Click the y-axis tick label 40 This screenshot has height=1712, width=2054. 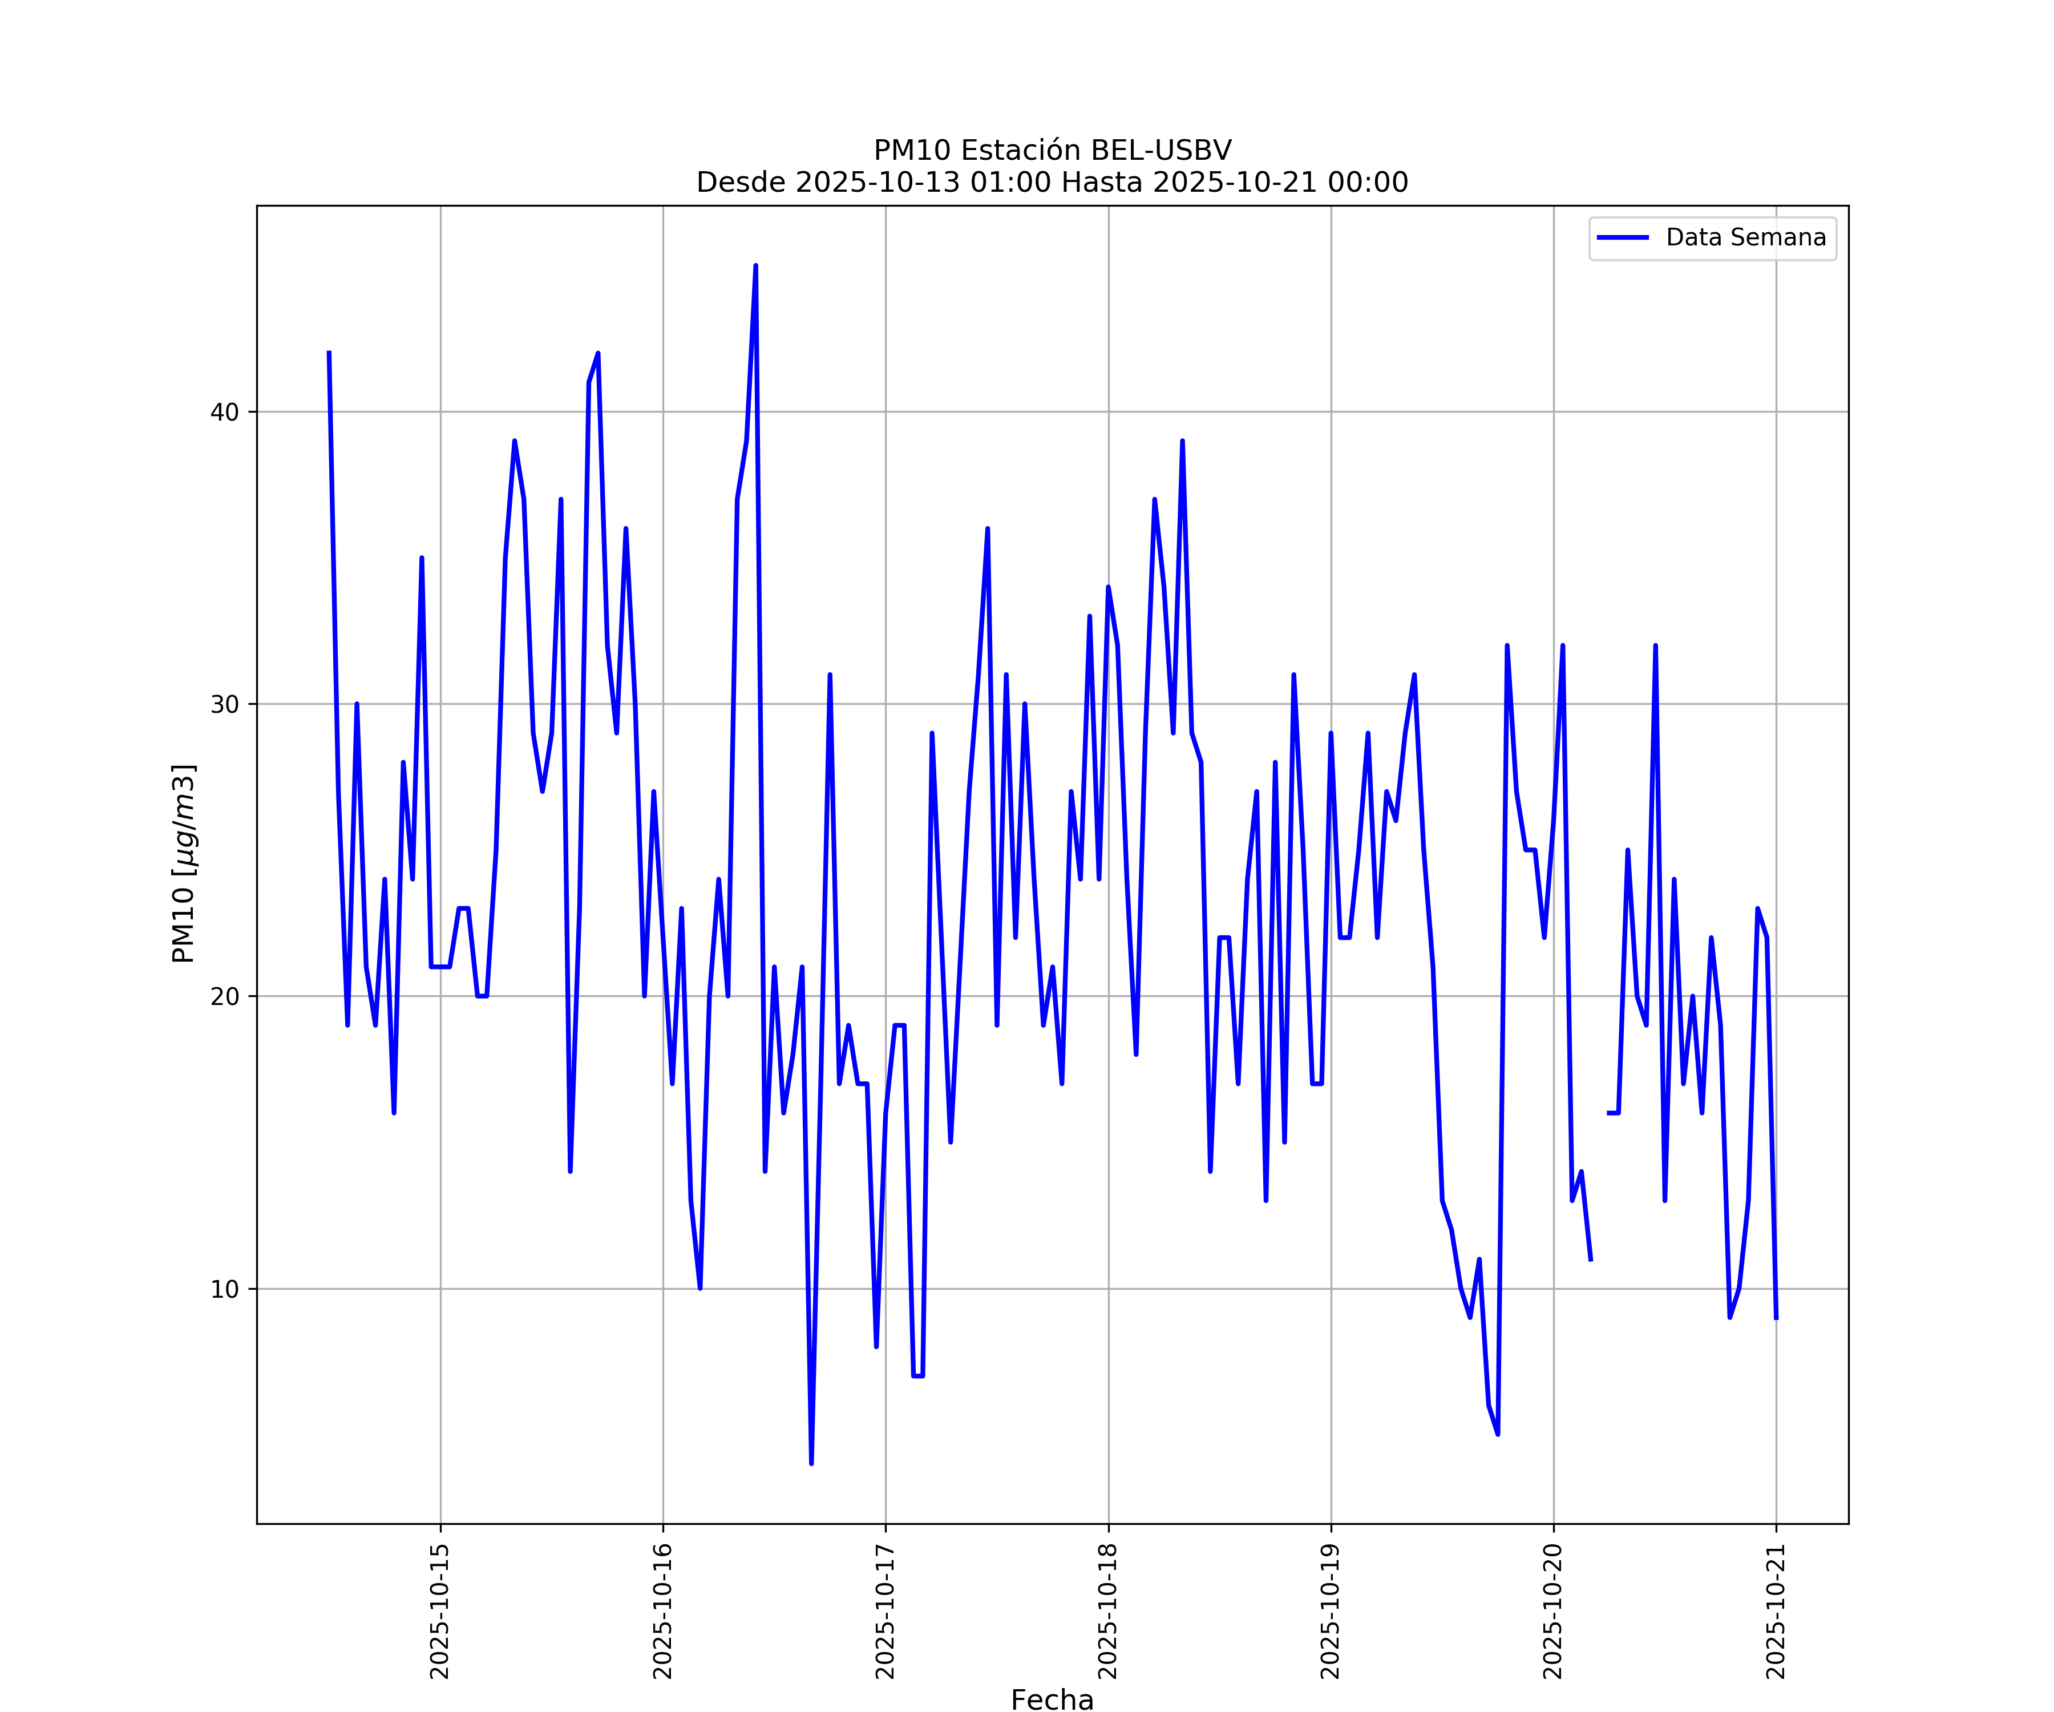(224, 412)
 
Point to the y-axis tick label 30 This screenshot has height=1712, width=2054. (224, 704)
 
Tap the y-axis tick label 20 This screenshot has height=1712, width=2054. (224, 997)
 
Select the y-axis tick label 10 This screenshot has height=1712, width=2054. (224, 1289)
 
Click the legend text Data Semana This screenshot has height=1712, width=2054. (1746, 238)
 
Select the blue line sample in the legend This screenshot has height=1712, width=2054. (1623, 238)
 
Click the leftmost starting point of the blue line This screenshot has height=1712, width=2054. (329, 352)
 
